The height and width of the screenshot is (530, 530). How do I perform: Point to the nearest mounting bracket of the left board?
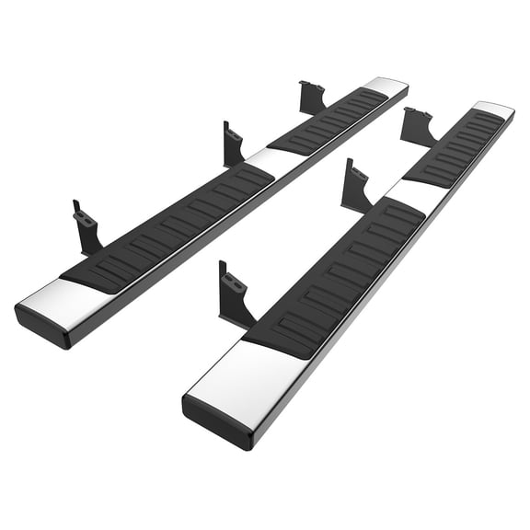tap(88, 228)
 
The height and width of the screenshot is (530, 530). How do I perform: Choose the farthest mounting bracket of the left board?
tap(312, 98)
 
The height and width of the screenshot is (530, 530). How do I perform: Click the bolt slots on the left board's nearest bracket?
tap(85, 218)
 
